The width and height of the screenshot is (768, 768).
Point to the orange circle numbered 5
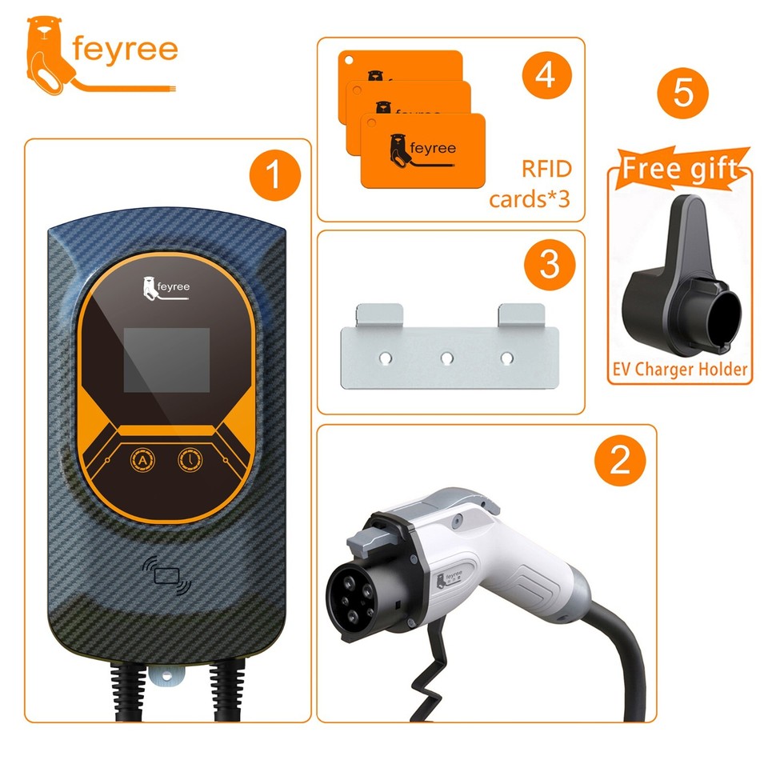pyautogui.click(x=682, y=94)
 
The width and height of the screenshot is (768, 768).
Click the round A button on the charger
pyautogui.click(x=142, y=461)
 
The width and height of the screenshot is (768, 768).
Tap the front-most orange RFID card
pyautogui.click(x=422, y=151)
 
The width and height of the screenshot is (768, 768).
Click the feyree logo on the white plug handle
pyautogui.click(x=450, y=578)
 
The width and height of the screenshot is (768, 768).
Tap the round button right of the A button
pyautogui.click(x=190, y=461)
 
